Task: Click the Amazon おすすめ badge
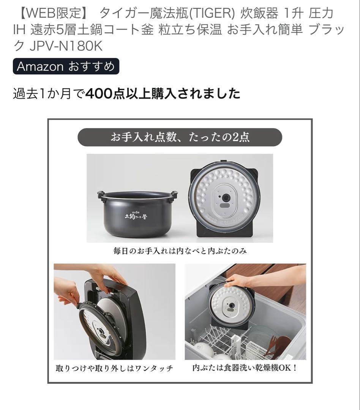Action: (x=66, y=66)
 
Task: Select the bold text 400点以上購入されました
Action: (x=163, y=93)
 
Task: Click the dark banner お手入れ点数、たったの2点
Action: (x=180, y=137)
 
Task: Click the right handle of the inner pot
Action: (x=174, y=195)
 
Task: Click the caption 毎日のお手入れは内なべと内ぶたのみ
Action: (x=180, y=251)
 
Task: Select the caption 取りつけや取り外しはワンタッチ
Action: (x=114, y=368)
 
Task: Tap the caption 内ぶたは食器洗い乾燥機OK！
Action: (x=245, y=368)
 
